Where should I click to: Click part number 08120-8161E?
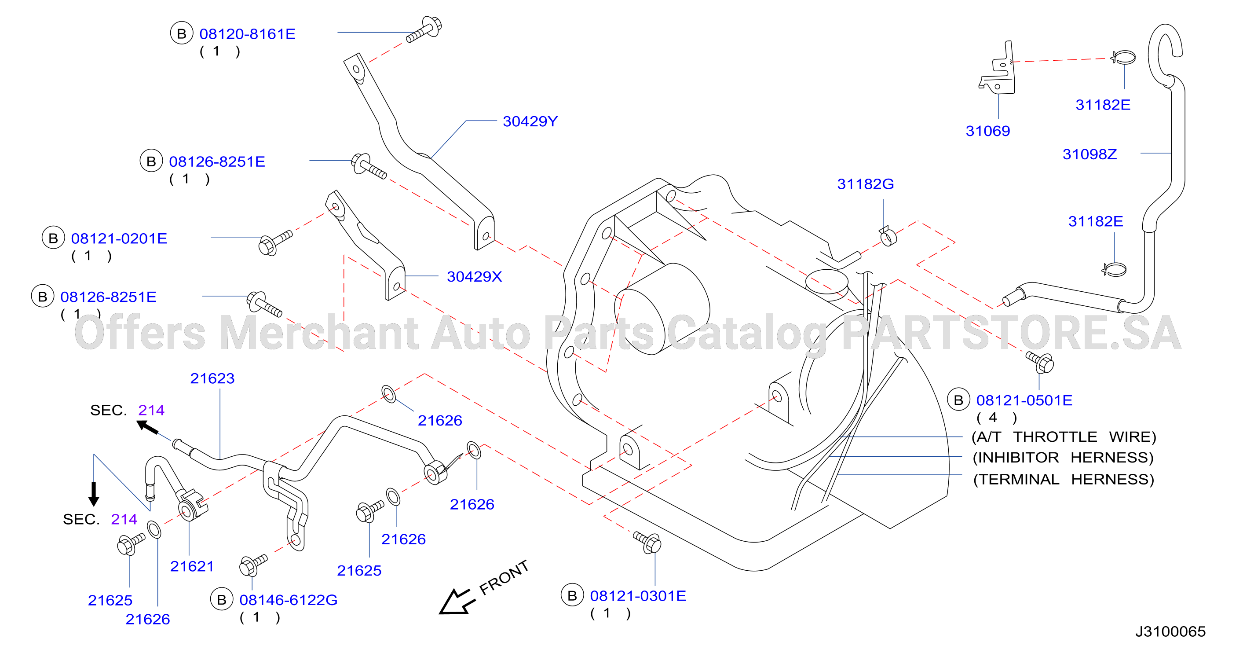coord(247,34)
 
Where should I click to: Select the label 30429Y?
coord(530,121)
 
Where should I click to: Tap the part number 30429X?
coord(474,277)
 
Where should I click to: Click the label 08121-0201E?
coord(119,238)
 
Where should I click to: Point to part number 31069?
coord(988,131)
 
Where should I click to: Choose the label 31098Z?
coord(1089,154)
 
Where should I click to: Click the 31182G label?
coord(866,184)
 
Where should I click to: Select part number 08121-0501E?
coord(1024,400)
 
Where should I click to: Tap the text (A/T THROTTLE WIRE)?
coord(1064,437)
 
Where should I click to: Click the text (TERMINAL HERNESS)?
coord(1064,479)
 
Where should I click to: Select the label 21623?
coord(212,378)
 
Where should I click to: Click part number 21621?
coord(192,566)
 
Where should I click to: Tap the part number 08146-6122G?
coord(288,600)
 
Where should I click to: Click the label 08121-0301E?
coord(638,596)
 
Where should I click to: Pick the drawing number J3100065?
coord(1170,631)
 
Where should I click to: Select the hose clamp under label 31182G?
coord(888,237)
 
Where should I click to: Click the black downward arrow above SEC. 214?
coord(94,494)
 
